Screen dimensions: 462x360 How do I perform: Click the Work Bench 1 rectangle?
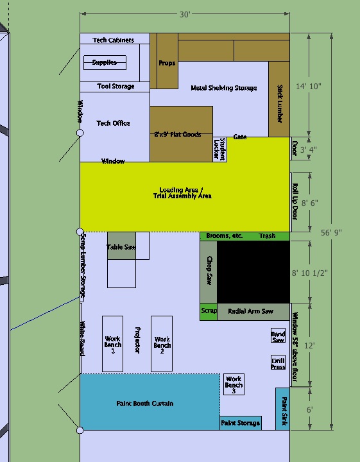[x=113, y=344]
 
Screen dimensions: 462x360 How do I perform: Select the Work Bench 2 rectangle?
[x=162, y=344]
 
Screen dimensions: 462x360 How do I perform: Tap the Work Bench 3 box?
[x=234, y=384]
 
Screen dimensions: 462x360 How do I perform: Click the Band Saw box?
[x=278, y=336]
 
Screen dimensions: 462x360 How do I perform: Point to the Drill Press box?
[x=278, y=363]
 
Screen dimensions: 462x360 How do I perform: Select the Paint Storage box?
[x=241, y=423]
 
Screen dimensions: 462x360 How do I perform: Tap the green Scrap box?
[x=209, y=311]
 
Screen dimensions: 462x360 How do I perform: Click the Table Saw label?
[x=121, y=247]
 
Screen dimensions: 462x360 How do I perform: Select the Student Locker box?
[x=220, y=150]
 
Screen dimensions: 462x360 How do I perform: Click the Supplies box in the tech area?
[x=105, y=63]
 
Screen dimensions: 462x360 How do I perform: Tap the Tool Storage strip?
[x=116, y=87]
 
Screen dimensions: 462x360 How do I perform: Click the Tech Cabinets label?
[x=114, y=40]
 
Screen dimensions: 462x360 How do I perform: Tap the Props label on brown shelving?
[x=167, y=64]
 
